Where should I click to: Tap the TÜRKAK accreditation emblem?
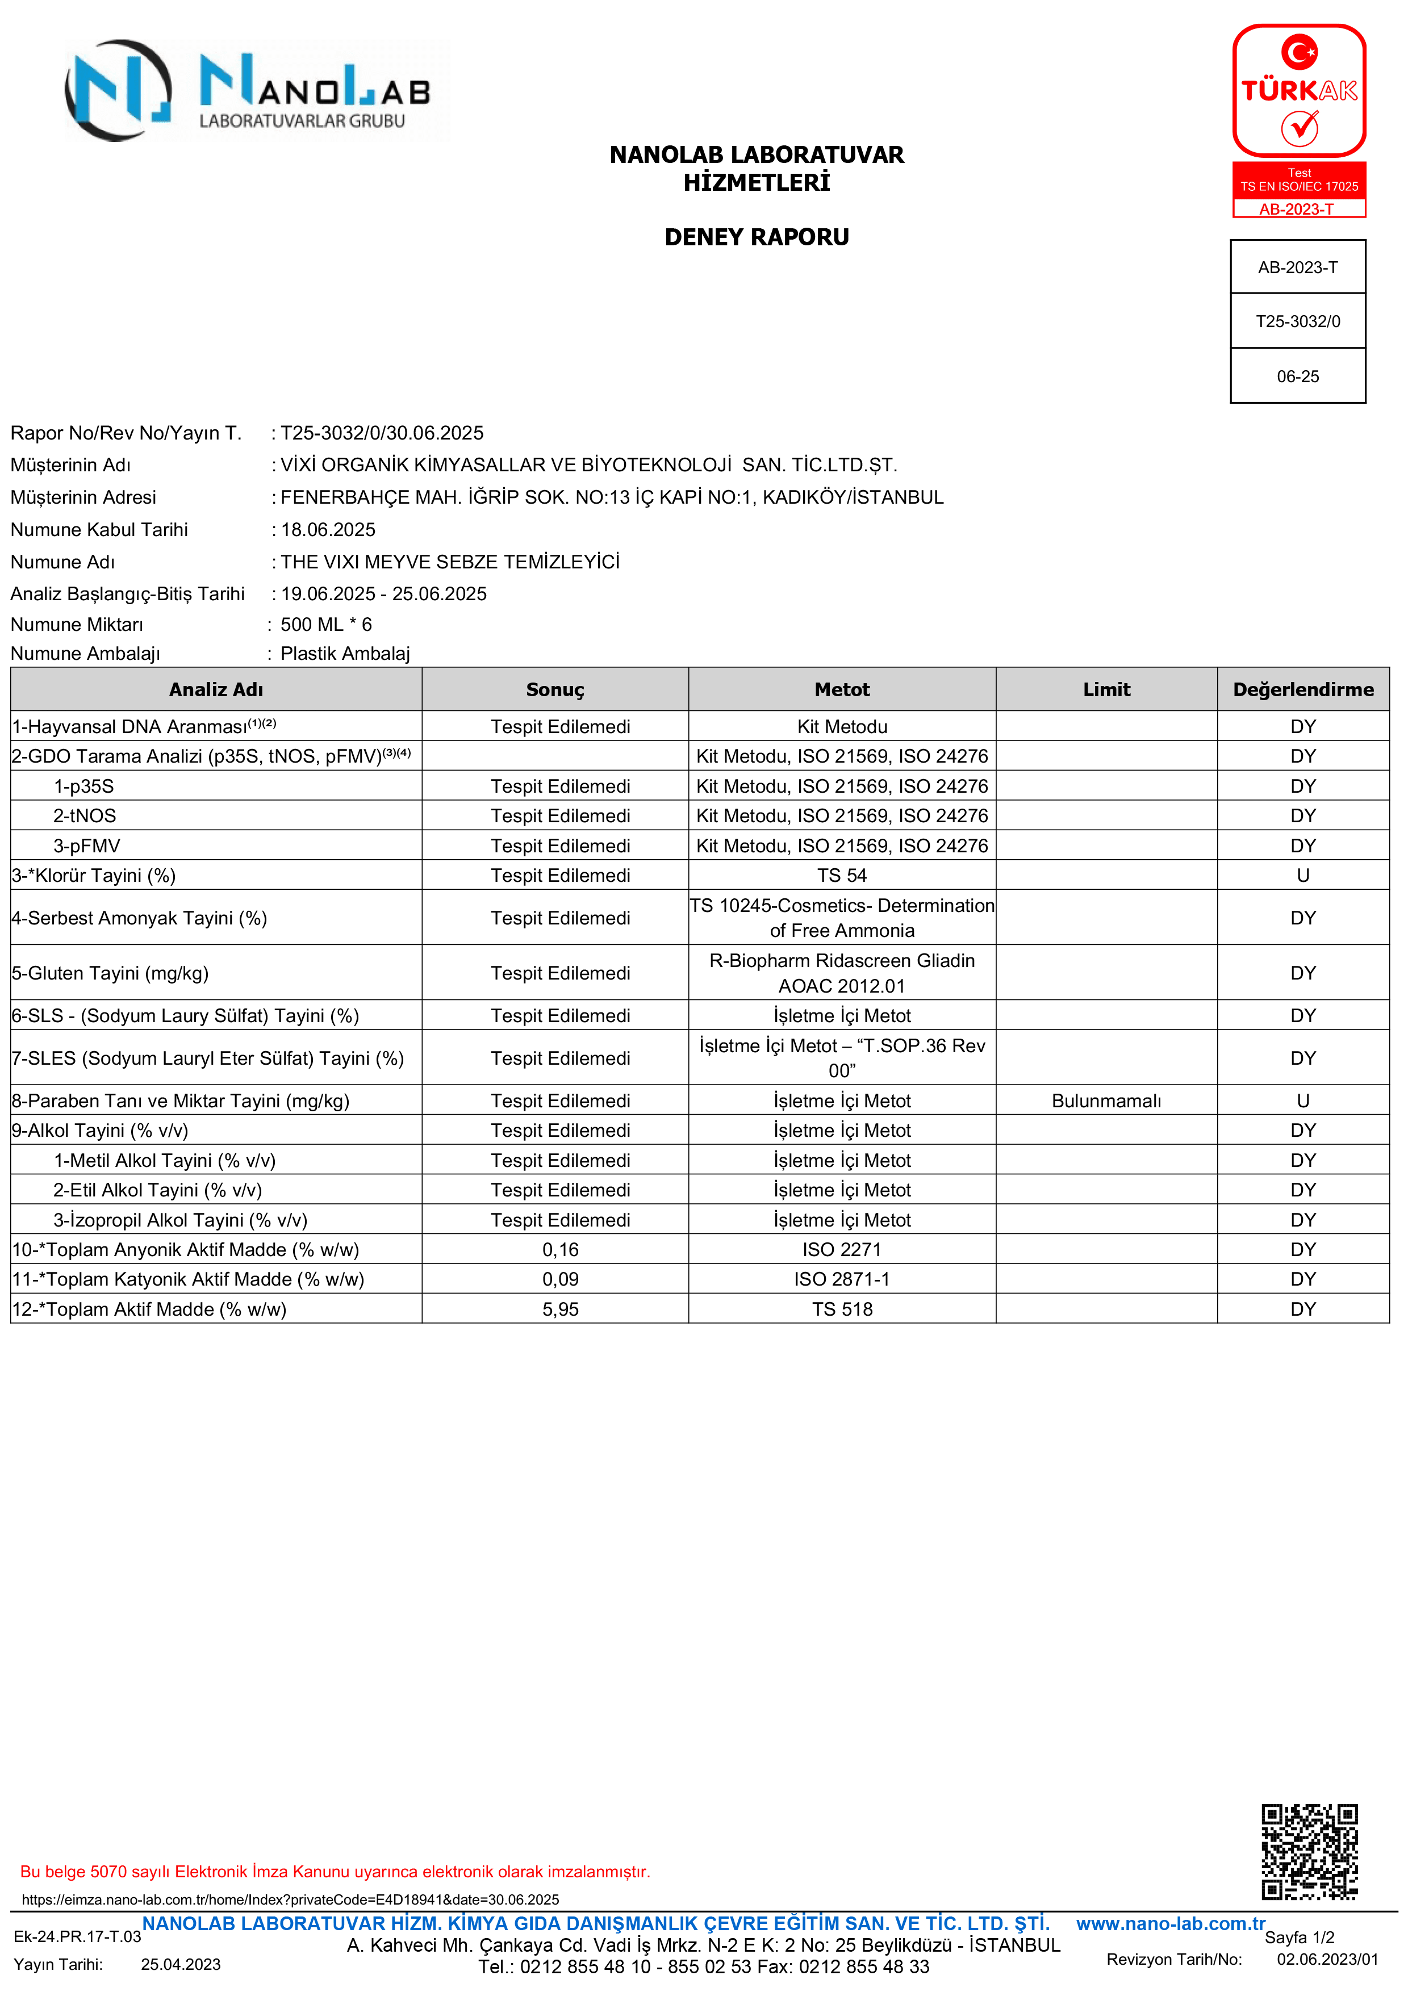coord(1299,120)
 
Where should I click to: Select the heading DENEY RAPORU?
coord(757,237)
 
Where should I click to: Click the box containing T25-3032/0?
coord(1298,321)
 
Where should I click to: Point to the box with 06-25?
coord(1298,376)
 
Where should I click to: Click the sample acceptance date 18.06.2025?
coord(328,529)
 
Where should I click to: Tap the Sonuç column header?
coord(555,690)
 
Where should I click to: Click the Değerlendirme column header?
coord(1303,690)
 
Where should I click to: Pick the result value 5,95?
coord(561,1309)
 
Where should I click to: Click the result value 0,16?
coord(561,1249)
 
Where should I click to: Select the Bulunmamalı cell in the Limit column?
coord(1106,1101)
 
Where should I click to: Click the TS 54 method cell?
coord(842,876)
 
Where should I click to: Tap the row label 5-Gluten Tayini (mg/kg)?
coord(110,973)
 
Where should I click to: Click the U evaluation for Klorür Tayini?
coord(1303,876)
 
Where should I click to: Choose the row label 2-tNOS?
coord(85,815)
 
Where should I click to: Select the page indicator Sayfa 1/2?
coord(1300,1937)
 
